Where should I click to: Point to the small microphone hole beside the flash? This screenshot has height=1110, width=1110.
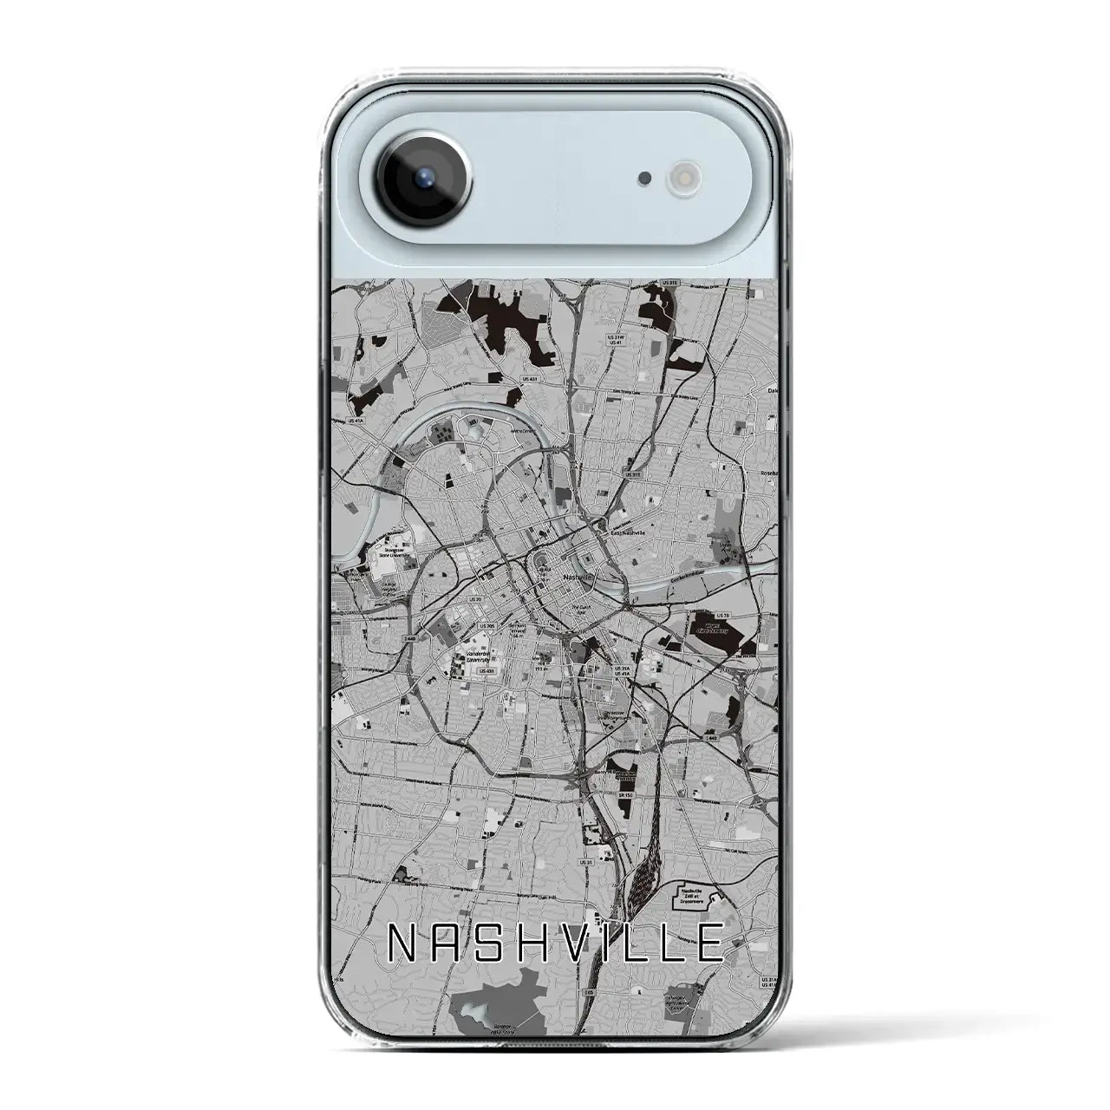pos(644,179)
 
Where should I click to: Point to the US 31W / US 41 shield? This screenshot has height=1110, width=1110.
pos(617,339)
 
